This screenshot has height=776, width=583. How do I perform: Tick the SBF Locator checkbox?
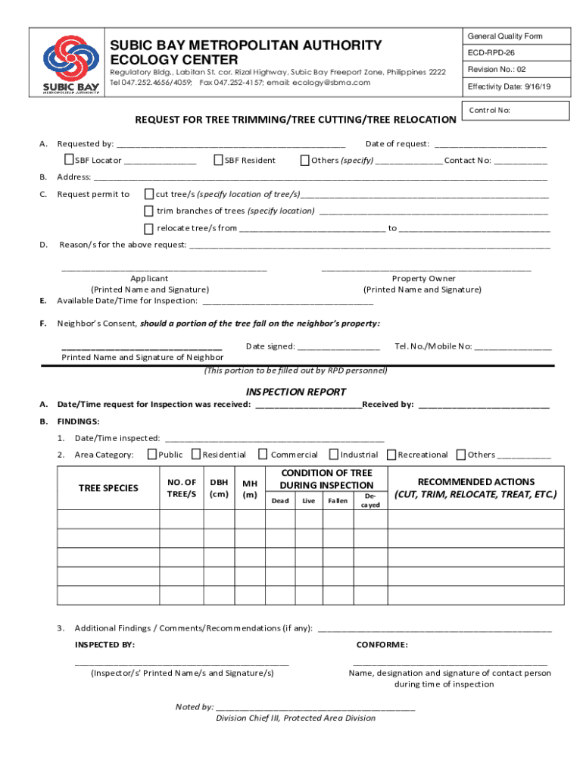69,160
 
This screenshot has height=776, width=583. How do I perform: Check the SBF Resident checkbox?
219,160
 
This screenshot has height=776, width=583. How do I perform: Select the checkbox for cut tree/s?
149,194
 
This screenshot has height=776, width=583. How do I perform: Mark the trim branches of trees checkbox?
149,211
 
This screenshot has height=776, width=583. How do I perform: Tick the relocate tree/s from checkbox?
149,227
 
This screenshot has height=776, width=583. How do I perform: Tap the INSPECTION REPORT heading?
296,392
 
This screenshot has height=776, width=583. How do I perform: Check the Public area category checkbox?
152,455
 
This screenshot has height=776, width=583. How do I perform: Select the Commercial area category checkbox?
263,455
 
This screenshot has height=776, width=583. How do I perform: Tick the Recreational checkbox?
391,455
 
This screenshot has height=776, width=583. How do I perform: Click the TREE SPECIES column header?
108,488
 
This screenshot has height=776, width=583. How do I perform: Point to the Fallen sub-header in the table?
338,501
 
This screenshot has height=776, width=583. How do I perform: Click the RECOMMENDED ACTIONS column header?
475,488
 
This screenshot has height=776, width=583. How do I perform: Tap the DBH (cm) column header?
219,488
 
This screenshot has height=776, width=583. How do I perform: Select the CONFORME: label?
382,645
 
